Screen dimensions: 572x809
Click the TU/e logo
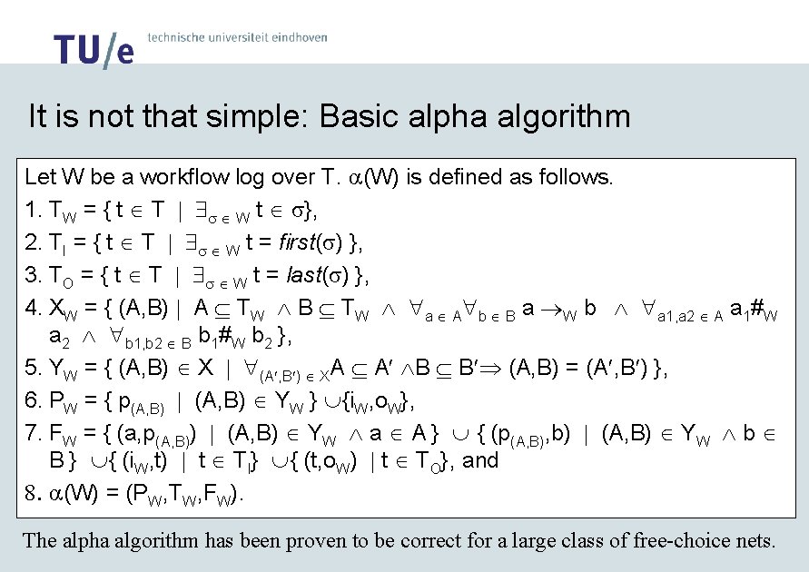tap(94, 49)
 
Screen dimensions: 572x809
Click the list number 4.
tap(33, 309)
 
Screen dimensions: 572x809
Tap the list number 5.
tap(33, 369)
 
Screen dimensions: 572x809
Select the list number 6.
tap(33, 401)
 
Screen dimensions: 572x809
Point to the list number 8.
tap(32, 495)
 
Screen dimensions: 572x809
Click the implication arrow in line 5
tap(495, 370)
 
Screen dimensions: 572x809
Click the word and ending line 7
tap(481, 460)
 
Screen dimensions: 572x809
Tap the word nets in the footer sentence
tap(755, 541)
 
